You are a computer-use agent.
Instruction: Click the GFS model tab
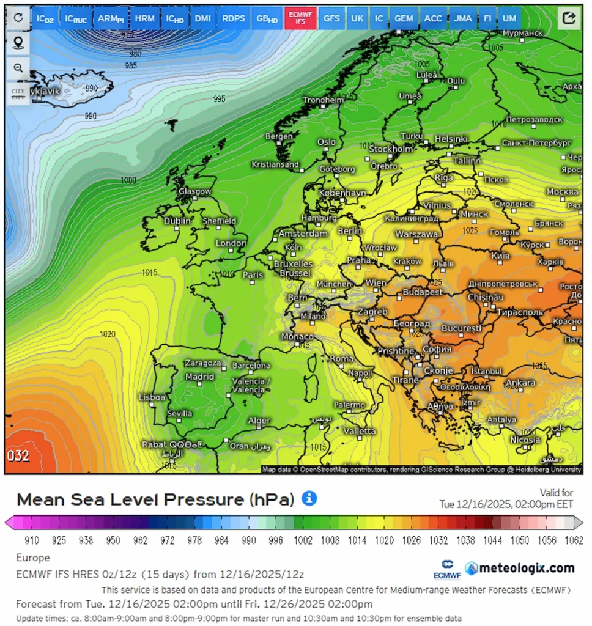331,18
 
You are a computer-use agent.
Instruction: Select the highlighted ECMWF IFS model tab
300,18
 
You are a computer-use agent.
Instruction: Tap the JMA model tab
463,18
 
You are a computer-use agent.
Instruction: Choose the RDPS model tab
234,18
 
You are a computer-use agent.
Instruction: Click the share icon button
569,18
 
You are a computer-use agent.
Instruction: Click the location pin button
18,43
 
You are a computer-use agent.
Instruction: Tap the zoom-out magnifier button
18,68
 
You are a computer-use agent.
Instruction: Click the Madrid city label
200,377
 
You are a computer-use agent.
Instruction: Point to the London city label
231,243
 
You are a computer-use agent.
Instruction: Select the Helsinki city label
451,139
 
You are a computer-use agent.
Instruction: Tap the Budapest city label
423,292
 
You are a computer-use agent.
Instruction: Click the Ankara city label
520,383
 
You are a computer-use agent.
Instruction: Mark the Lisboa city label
152,397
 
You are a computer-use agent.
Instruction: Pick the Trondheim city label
324,100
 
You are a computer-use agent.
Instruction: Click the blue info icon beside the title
309,498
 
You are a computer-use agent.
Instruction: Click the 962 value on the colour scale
141,540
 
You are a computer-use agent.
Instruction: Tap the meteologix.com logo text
526,568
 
